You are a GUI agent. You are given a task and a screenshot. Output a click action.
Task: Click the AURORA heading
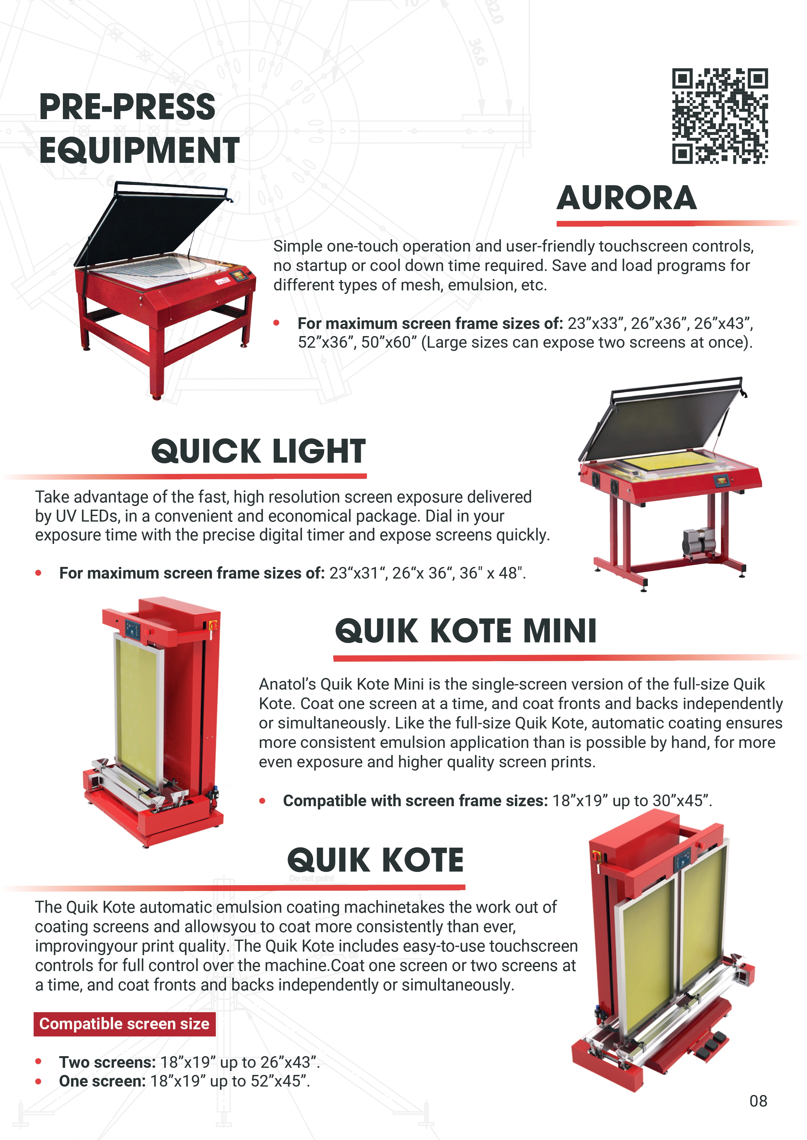click(627, 198)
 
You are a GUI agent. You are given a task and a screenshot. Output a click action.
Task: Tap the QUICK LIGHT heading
click(258, 451)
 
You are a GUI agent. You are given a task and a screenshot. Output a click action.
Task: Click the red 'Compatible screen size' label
click(124, 1024)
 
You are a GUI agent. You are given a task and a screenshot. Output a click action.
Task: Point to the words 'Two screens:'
click(107, 1062)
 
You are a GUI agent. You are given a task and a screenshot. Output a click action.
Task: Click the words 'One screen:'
click(102, 1081)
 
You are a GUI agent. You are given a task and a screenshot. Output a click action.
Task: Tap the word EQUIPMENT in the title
click(140, 151)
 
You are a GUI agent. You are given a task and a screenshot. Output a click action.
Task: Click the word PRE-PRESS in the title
click(127, 107)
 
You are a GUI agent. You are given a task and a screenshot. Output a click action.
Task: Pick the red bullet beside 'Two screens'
click(38, 1062)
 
